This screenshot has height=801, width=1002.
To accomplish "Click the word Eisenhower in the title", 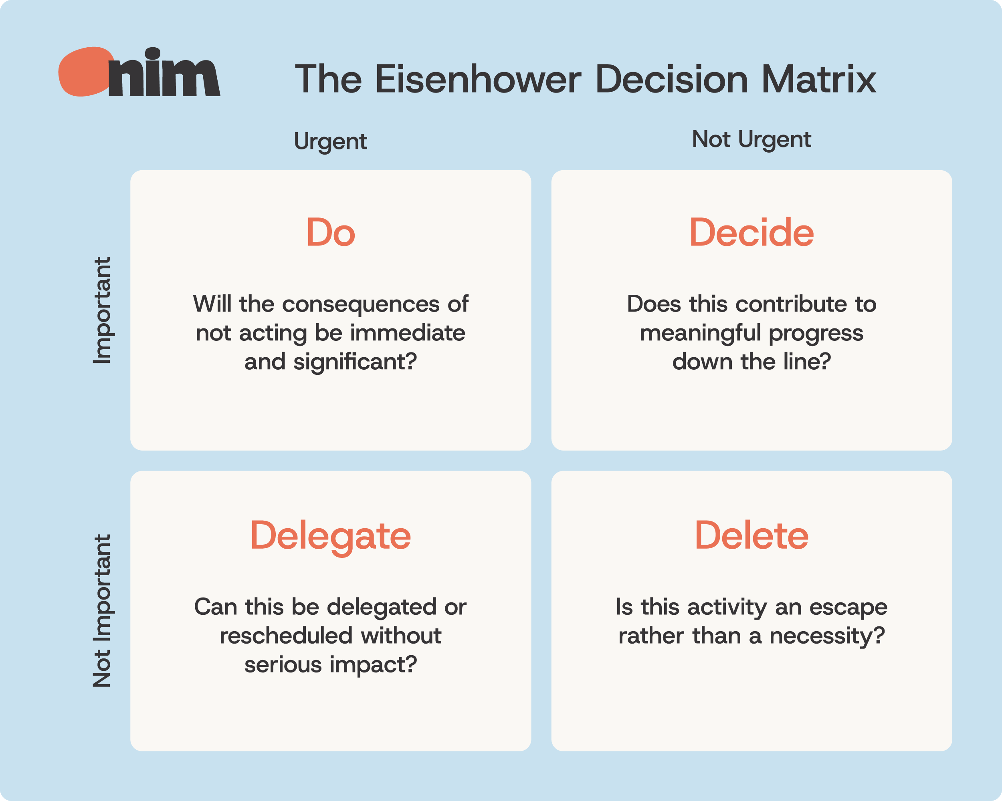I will (x=478, y=79).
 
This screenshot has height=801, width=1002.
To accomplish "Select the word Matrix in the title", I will (x=818, y=79).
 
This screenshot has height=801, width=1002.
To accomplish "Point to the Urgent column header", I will (x=330, y=141).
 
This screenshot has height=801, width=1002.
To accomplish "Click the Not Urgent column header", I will (x=751, y=139).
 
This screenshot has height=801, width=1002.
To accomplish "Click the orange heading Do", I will (x=330, y=232).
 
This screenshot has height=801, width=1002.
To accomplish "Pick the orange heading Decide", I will (x=751, y=232).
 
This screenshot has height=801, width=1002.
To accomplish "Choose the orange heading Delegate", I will (x=330, y=536).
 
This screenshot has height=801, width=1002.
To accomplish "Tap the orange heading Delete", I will (x=751, y=535).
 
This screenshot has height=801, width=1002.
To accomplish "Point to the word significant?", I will (x=355, y=362).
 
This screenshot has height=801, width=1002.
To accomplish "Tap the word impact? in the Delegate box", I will (x=373, y=665).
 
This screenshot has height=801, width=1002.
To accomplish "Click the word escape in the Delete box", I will (x=848, y=608).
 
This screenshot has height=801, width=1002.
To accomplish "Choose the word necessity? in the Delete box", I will (x=827, y=636).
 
